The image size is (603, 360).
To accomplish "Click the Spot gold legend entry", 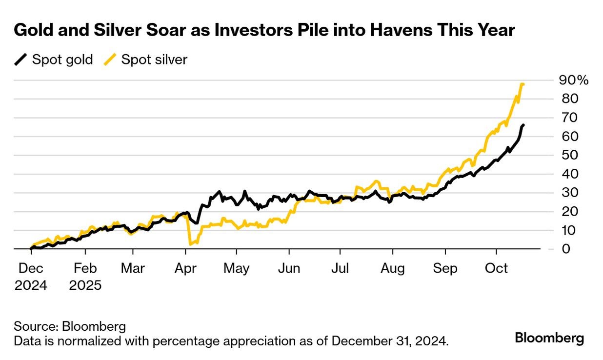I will tap(53, 60).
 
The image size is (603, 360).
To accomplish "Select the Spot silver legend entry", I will tap(145, 60).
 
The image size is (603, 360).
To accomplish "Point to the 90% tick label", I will tap(574, 80).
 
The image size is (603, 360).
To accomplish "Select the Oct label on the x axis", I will tap(497, 269).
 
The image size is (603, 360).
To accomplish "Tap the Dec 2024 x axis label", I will tap(31, 277).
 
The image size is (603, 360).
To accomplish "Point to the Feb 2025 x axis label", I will tap(85, 277).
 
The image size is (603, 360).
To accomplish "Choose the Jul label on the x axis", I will tap(340, 269).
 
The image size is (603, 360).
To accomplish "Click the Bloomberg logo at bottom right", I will tap(549, 338).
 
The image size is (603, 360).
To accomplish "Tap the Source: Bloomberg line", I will tap(70, 326).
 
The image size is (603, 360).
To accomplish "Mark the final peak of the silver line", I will tap(523, 84).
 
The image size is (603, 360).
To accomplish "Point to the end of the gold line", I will tap(523, 125).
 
